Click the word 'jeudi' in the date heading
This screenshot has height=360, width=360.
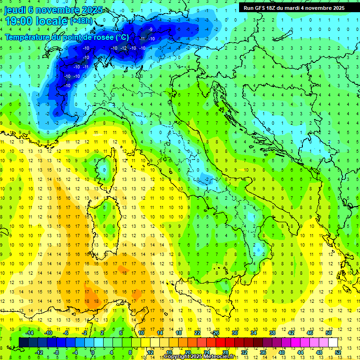17,9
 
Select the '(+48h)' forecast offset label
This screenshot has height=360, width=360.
81,21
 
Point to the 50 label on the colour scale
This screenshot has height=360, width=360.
328,333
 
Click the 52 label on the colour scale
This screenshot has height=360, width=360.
337,352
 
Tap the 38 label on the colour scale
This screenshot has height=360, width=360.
272,333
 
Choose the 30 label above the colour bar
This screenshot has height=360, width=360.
234,333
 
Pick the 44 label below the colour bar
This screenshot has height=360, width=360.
300,352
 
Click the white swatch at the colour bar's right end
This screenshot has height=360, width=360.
333,342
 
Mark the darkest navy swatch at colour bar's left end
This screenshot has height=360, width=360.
23,342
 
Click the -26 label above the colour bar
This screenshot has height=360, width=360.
215,333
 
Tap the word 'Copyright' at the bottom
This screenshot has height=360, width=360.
177,357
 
